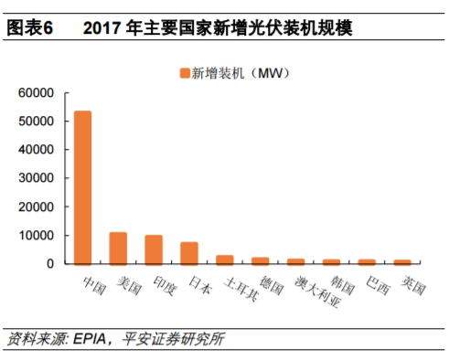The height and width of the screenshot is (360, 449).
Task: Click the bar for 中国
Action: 82,187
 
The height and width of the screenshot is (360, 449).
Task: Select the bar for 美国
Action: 118,249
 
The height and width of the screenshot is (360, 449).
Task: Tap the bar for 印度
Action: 154,249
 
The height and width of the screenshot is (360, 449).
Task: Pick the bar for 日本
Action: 189,253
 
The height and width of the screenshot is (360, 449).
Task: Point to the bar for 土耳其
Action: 225,259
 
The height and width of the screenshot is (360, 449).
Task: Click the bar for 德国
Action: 261,260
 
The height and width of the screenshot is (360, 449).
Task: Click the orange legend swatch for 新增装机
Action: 183,72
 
